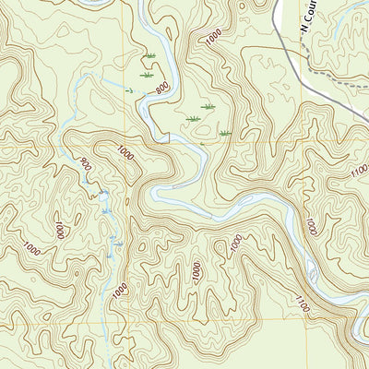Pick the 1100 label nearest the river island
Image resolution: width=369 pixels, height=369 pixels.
(x=302, y=301)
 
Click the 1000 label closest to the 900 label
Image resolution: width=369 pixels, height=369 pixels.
(x=125, y=153)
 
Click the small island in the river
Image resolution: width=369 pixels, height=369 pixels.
(x=311, y=273)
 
